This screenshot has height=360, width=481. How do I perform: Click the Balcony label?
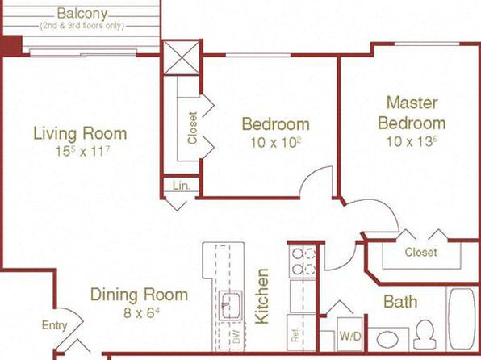tap(82, 14)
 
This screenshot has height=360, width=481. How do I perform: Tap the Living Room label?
tap(80, 133)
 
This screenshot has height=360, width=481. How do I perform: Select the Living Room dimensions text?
tap(82, 151)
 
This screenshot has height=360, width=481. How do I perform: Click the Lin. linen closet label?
tap(182, 186)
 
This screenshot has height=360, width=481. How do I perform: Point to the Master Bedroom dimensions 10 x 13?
tap(412, 141)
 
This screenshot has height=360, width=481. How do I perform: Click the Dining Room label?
tap(139, 295)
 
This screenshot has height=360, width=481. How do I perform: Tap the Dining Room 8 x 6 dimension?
tap(142, 312)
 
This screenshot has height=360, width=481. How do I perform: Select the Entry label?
tap(54, 325)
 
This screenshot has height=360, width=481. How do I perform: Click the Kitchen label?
tap(262, 296)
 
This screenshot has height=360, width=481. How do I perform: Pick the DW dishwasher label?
tap(236, 337)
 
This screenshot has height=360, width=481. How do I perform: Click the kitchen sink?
tap(231, 306)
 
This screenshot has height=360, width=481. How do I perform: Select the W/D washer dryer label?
tap(350, 337)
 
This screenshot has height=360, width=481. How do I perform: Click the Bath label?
tap(400, 302)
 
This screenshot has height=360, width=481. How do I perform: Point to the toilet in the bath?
tap(425, 334)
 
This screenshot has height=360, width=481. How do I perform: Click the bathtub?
tap(462, 318)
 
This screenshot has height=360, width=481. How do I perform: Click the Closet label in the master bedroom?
tap(420, 253)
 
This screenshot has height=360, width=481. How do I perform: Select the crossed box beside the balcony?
tap(182, 58)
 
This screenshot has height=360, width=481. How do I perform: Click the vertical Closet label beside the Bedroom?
tap(192, 128)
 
